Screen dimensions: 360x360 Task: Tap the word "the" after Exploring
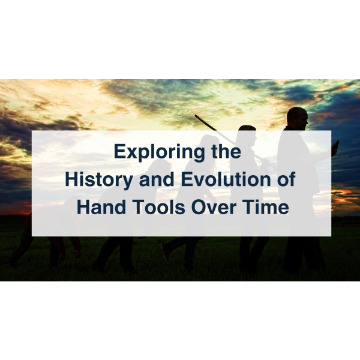[x=226, y=152]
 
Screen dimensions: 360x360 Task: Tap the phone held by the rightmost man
[x=335, y=146]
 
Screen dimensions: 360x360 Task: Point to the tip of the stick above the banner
[x=196, y=116]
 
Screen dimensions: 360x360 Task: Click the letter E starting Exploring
[x=119, y=152]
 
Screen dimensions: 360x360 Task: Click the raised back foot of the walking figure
[x=165, y=252]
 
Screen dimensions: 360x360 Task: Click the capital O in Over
[x=200, y=206]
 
